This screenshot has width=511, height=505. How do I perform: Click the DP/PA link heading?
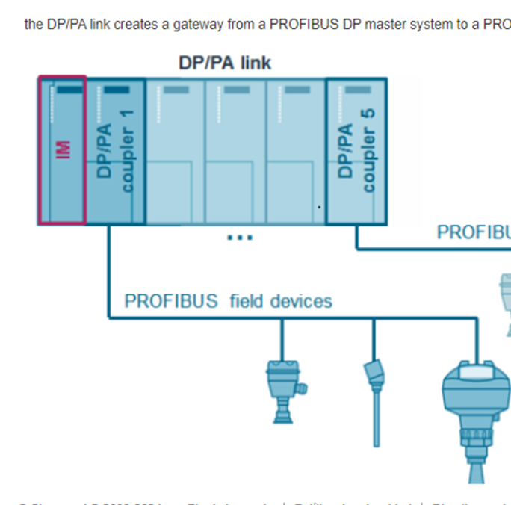225,63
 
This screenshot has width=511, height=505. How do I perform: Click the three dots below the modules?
240,238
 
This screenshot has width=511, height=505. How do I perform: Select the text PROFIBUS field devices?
228,301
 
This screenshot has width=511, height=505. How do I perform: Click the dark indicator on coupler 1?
117,90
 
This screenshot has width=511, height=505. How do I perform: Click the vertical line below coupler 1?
109,269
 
